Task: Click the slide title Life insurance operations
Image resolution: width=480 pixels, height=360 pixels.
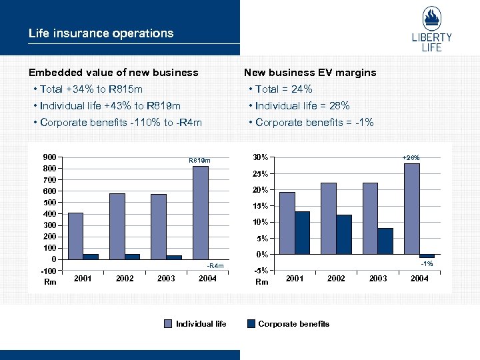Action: click(x=101, y=33)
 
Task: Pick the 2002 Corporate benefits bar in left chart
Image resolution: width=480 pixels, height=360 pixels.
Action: click(x=132, y=257)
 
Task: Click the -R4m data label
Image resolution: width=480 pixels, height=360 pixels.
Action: click(x=216, y=267)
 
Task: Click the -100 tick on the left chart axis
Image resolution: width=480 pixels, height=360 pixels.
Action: click(x=49, y=271)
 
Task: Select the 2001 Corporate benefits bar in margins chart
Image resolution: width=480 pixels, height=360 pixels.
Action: click(x=302, y=233)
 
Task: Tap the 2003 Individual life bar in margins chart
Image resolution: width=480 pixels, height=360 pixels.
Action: click(x=370, y=218)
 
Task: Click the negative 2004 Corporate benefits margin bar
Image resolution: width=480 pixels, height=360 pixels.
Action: click(x=427, y=256)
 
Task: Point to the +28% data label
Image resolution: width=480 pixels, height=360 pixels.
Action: click(x=411, y=157)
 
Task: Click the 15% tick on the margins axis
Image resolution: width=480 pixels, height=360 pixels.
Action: click(x=262, y=206)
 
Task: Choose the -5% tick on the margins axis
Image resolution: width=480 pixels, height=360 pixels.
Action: click(x=262, y=270)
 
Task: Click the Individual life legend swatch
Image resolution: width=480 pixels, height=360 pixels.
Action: click(x=169, y=324)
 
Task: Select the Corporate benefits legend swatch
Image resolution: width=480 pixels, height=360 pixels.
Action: click(x=251, y=324)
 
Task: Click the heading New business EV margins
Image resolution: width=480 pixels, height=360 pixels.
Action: click(x=310, y=72)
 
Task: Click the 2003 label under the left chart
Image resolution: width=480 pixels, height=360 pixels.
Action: click(x=166, y=278)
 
